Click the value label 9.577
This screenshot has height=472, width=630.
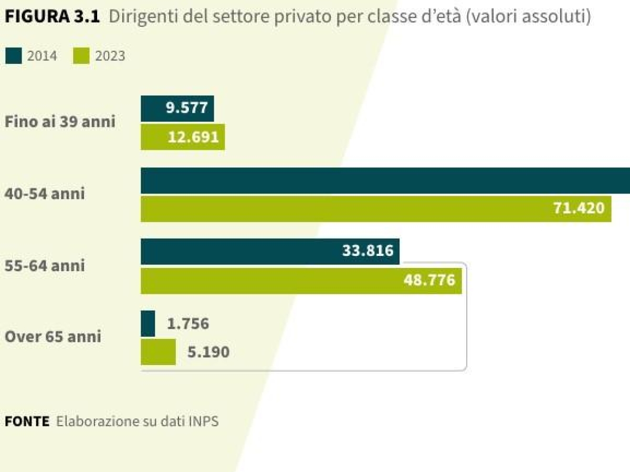click(186, 108)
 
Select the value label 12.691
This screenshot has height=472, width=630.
click(193, 137)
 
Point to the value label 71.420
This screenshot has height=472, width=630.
click(579, 208)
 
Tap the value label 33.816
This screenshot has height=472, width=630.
click(367, 251)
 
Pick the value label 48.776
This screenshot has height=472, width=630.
click(429, 280)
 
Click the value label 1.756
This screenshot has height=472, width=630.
click(188, 324)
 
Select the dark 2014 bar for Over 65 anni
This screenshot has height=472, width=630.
click(148, 323)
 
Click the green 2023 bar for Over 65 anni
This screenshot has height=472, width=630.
click(158, 351)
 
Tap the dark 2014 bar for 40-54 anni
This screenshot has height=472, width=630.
click(385, 180)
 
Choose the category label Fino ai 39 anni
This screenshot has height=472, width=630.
click(60, 122)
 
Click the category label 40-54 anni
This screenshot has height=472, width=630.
click(45, 194)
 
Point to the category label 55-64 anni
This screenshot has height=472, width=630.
click(45, 265)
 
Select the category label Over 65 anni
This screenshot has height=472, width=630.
click(53, 337)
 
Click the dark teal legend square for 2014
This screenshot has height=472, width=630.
click(14, 56)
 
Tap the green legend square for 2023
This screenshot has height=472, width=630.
click(81, 56)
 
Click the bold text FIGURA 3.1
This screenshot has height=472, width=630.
click(52, 16)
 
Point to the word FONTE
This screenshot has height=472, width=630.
click(27, 422)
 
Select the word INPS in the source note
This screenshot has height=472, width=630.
click(204, 422)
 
